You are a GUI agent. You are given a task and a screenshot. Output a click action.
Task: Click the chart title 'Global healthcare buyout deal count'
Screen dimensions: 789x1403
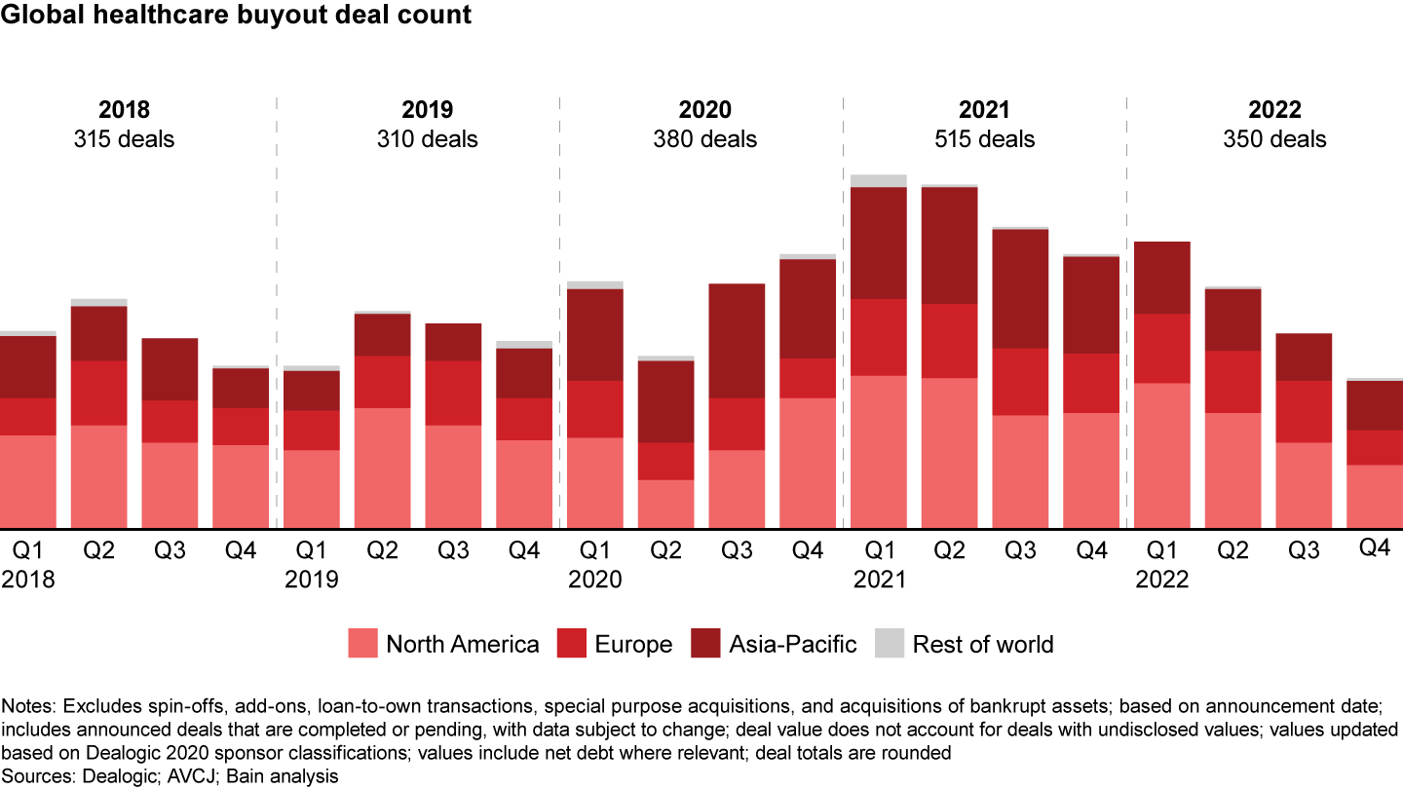(237, 16)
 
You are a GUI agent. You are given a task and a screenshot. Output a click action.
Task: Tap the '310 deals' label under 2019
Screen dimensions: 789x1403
(427, 139)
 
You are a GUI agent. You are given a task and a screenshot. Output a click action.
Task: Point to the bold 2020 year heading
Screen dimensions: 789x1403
(705, 110)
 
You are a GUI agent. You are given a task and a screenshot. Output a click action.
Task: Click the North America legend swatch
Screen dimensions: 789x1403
(362, 644)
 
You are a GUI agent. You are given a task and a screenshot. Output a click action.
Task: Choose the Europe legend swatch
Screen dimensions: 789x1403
(571, 644)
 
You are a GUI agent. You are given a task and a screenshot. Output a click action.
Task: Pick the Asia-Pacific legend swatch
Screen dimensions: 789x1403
(705, 644)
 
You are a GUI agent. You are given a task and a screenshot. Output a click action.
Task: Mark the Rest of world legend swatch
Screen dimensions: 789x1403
(889, 644)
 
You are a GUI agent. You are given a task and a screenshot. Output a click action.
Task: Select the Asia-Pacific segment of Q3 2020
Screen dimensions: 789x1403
(737, 340)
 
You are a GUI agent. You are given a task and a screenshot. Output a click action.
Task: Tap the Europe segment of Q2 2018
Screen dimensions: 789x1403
(98, 393)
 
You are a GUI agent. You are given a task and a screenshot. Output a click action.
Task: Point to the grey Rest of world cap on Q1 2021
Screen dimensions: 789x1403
(879, 180)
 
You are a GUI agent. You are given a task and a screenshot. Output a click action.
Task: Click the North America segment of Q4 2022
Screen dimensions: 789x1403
(1374, 496)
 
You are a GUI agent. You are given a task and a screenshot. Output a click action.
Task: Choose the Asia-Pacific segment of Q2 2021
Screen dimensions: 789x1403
(949, 244)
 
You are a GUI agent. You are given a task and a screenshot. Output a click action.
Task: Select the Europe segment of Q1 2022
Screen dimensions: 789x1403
(1161, 348)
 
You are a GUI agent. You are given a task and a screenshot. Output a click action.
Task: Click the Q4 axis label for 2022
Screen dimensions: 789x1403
(1374, 548)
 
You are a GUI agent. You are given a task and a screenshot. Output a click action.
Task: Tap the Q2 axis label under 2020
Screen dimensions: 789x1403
(665, 551)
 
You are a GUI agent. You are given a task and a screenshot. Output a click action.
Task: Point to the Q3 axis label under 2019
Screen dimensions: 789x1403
(453, 551)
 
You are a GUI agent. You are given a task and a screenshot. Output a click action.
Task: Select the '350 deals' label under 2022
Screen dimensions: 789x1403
(1274, 139)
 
